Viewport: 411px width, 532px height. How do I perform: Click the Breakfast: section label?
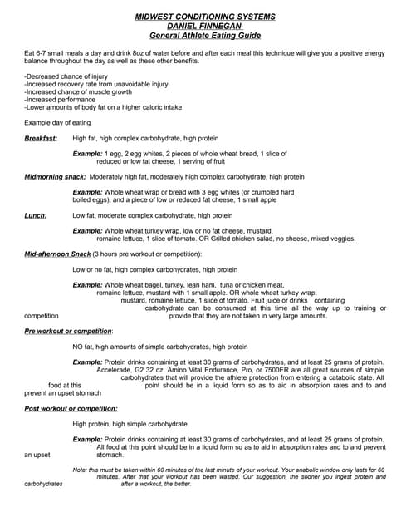(x=41, y=138)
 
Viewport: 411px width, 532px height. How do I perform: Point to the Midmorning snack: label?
(x=54, y=177)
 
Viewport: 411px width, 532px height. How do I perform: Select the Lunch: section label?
(x=36, y=215)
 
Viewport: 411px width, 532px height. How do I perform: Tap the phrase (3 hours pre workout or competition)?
(x=159, y=254)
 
